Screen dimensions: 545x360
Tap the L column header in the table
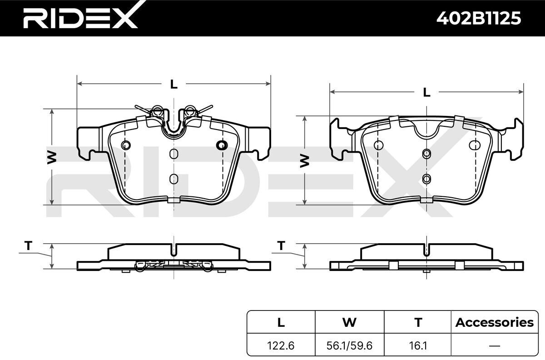(281, 322)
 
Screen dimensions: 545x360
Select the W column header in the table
(349, 322)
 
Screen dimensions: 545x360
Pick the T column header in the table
(418, 322)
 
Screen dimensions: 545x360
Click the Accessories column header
(495, 322)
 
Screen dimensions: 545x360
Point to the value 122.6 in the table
(281, 345)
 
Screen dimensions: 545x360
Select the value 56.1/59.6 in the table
(349, 345)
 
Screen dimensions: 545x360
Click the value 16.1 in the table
(418, 345)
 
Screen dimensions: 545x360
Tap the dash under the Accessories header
(495, 346)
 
